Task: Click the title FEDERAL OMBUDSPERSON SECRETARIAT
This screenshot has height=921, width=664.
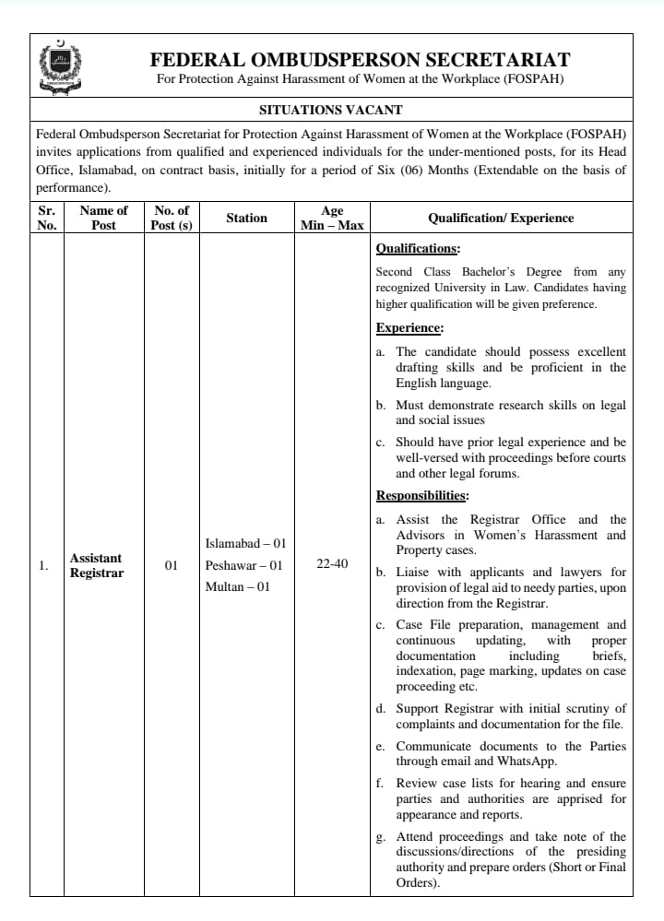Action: click(360, 60)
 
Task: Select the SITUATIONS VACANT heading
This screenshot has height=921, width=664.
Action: click(331, 110)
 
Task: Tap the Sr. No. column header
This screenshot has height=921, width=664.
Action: click(46, 218)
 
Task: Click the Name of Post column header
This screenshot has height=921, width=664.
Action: click(103, 218)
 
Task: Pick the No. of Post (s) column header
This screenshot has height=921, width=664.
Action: click(171, 218)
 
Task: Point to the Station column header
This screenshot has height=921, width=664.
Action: click(246, 218)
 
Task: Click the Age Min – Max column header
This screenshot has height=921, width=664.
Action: click(332, 218)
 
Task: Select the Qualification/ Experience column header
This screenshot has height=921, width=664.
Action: click(501, 218)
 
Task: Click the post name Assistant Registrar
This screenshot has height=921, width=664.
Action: click(96, 565)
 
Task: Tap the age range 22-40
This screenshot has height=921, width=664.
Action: click(332, 563)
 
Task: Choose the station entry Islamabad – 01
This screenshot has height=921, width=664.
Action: click(245, 543)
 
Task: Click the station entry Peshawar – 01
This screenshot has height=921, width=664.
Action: click(243, 565)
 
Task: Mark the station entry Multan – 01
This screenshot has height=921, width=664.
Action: click(237, 586)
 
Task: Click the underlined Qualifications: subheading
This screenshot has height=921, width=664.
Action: click(418, 249)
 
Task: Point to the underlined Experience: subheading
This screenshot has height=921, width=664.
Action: click(409, 327)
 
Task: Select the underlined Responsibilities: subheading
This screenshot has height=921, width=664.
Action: click(423, 495)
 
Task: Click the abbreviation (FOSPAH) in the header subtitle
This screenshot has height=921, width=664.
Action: click(534, 79)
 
